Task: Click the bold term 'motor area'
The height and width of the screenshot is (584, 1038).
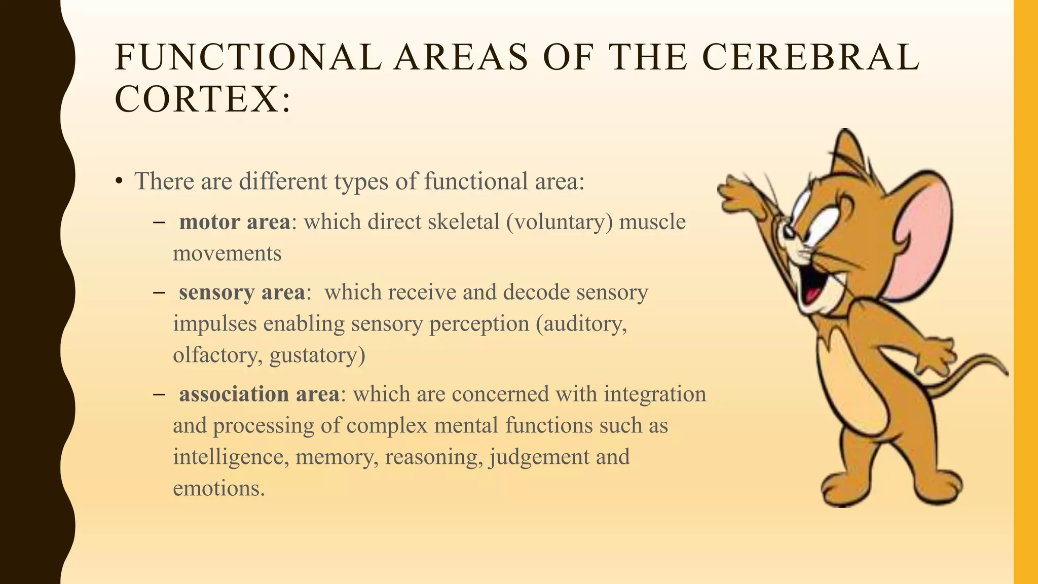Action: point(235,222)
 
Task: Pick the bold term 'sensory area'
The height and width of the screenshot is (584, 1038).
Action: point(242,293)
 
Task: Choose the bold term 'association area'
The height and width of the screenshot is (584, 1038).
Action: point(259,394)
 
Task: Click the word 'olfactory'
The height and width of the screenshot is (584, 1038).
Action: point(217,355)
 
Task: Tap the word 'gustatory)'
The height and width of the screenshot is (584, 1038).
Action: point(317,355)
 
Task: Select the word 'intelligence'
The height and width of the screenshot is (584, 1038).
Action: point(231,457)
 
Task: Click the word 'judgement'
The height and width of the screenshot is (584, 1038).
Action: point(539,457)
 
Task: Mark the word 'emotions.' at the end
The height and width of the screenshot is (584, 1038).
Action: point(219,488)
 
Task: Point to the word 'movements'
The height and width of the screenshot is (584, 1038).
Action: point(227,253)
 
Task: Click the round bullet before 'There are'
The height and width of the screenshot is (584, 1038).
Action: point(119,181)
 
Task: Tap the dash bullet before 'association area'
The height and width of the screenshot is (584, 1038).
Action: point(159,394)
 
